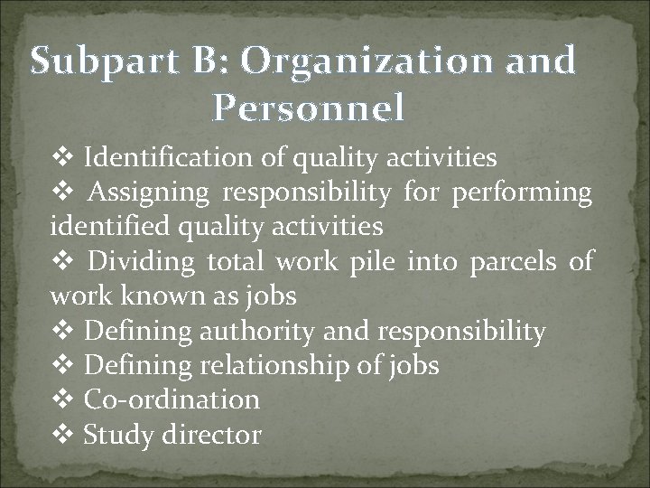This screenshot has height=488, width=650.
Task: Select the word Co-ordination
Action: pyautogui.click(x=172, y=399)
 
